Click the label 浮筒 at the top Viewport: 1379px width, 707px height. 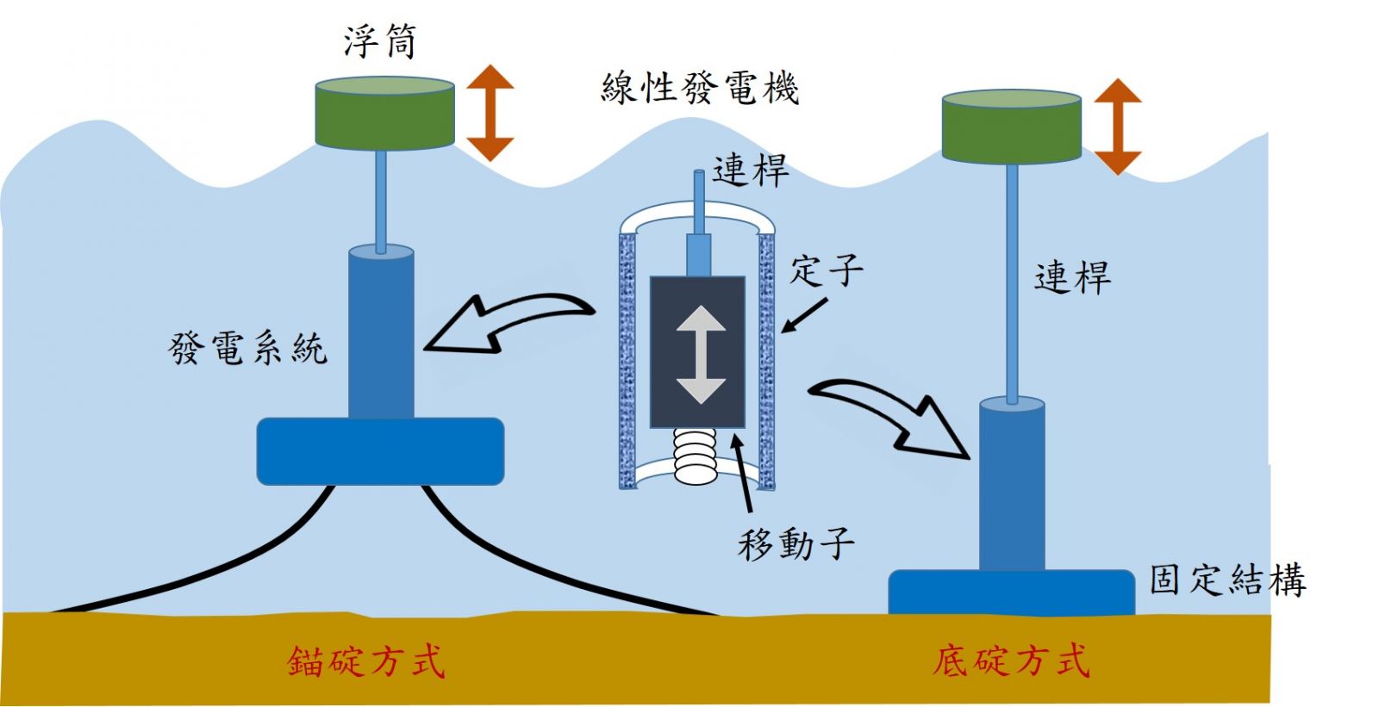[x=380, y=42]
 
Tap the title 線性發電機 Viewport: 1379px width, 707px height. [x=700, y=89]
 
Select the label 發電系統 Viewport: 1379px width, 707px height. [x=247, y=348]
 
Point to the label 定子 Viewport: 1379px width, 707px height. [x=827, y=270]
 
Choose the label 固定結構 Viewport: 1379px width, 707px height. [x=1227, y=580]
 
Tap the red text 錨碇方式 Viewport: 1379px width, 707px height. [x=365, y=661]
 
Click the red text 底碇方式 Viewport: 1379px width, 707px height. [x=1011, y=660]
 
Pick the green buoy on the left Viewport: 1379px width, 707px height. [x=384, y=113]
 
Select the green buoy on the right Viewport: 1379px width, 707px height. [x=1012, y=127]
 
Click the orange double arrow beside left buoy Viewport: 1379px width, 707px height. [x=490, y=113]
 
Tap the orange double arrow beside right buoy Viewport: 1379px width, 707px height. [x=1118, y=127]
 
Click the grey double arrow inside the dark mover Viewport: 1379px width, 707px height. [x=702, y=355]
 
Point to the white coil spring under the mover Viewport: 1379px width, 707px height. [x=696, y=456]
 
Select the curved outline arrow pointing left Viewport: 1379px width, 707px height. [x=509, y=324]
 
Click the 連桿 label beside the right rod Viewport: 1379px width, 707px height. [x=1072, y=277]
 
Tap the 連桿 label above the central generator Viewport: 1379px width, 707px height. [x=751, y=170]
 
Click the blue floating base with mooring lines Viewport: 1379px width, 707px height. [x=380, y=451]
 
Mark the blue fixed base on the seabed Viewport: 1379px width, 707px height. [x=1012, y=592]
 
